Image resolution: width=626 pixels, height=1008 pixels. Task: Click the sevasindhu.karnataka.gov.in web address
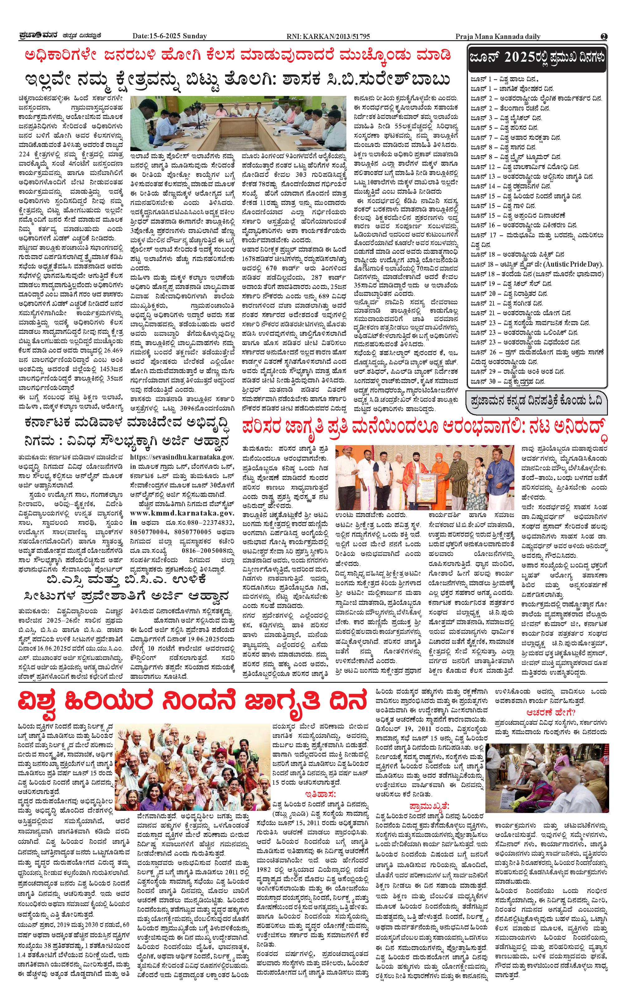coord(182,458)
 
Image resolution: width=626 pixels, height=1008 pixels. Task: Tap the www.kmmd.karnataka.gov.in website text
coord(182,513)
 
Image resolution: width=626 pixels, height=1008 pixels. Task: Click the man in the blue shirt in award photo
coord(498,476)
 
